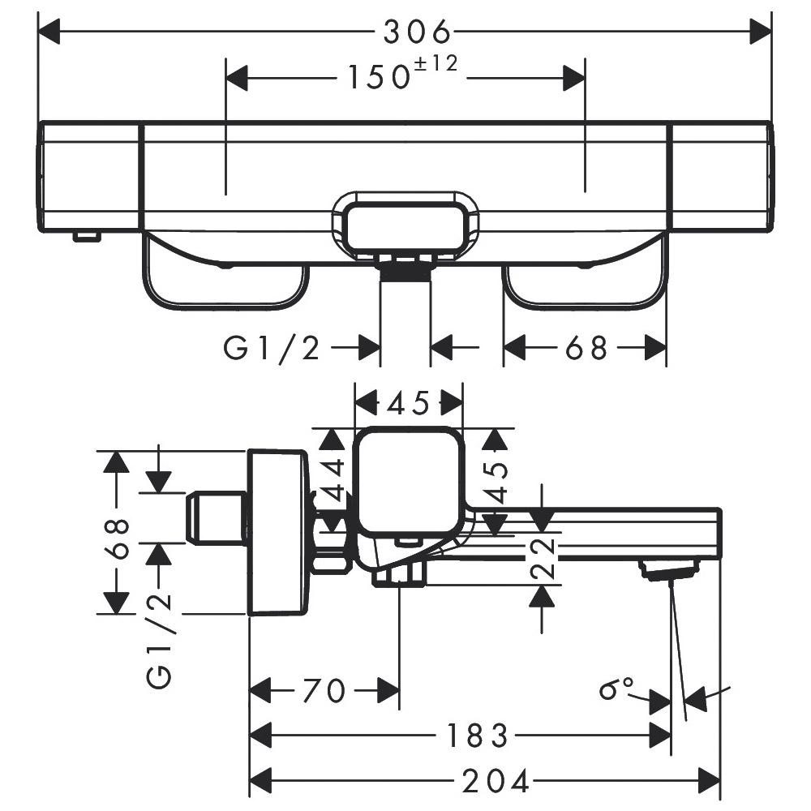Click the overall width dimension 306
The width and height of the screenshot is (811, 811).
pos(417,32)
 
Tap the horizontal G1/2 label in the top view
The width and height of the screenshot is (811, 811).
pos(272,349)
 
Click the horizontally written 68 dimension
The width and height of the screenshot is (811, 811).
pos(586,349)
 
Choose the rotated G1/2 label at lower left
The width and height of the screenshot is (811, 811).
pos(160,641)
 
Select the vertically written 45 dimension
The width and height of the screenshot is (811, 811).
pos(496,483)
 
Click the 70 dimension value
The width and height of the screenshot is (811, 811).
pos(324,692)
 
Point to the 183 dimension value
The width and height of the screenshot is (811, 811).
pos(476,736)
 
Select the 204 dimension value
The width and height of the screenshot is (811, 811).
pos(496,782)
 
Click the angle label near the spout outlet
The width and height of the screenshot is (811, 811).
pos(616,690)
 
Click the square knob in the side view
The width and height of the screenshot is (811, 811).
pos(409,481)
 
